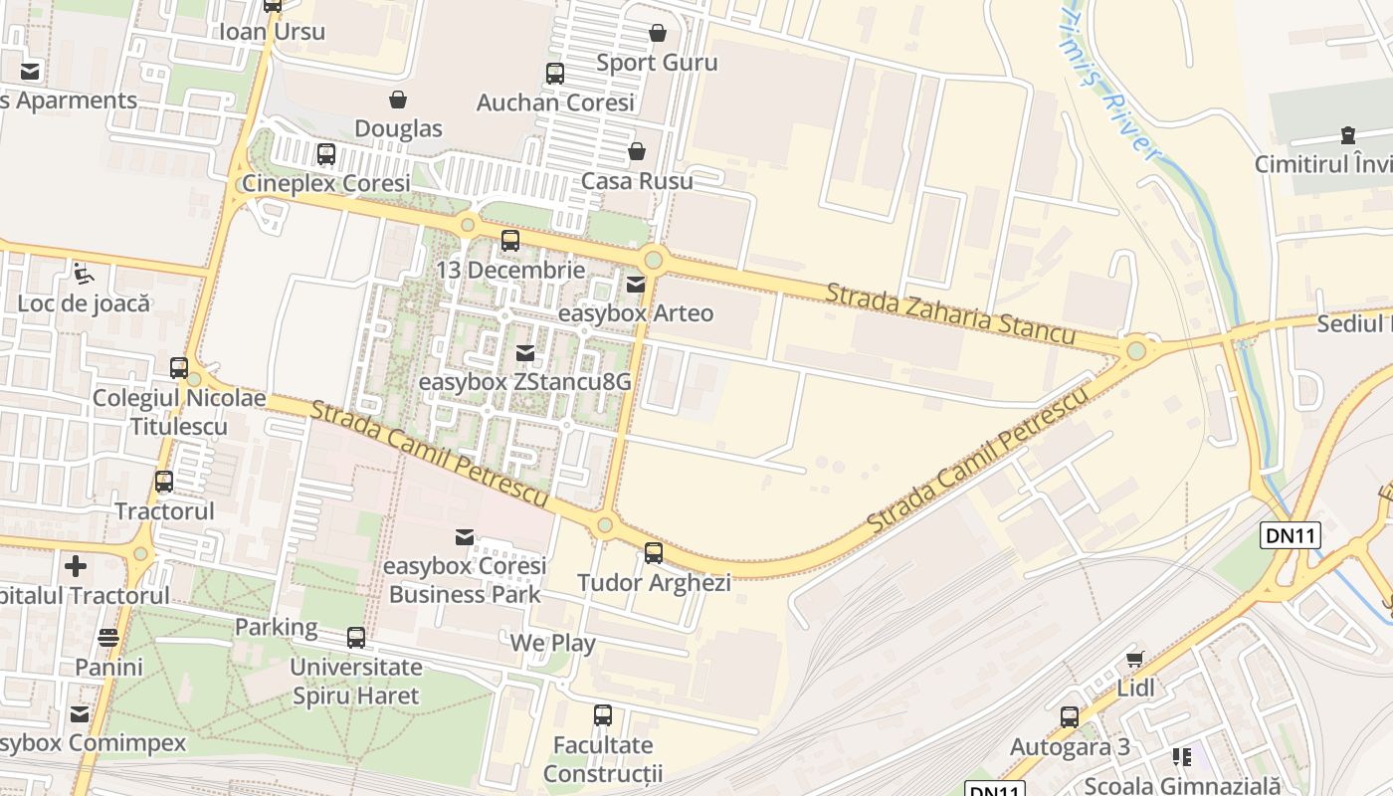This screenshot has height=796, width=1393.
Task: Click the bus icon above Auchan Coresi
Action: tap(555, 74)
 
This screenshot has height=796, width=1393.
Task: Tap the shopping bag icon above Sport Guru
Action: tap(657, 33)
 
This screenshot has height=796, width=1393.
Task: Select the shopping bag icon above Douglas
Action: tap(398, 99)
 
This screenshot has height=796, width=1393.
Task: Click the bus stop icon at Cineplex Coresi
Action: tap(326, 154)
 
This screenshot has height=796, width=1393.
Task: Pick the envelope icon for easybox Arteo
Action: tap(636, 285)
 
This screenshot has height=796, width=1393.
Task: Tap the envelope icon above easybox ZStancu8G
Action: tap(524, 353)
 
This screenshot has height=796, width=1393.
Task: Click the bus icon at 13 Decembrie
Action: tap(510, 241)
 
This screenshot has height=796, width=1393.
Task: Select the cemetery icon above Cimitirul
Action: tap(1348, 134)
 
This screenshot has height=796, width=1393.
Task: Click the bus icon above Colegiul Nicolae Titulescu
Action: tap(179, 368)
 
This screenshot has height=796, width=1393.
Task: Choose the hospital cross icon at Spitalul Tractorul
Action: tap(76, 566)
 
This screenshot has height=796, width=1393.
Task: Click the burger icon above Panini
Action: tap(108, 638)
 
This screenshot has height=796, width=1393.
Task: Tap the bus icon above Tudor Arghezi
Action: tap(654, 553)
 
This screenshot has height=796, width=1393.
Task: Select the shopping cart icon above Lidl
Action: tap(1135, 659)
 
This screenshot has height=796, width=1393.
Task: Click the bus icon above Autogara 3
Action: tap(1070, 717)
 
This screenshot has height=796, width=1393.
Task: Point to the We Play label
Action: tap(552, 643)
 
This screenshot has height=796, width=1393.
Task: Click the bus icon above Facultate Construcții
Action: tap(603, 715)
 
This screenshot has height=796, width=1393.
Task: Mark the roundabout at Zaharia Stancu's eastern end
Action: tap(1136, 350)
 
